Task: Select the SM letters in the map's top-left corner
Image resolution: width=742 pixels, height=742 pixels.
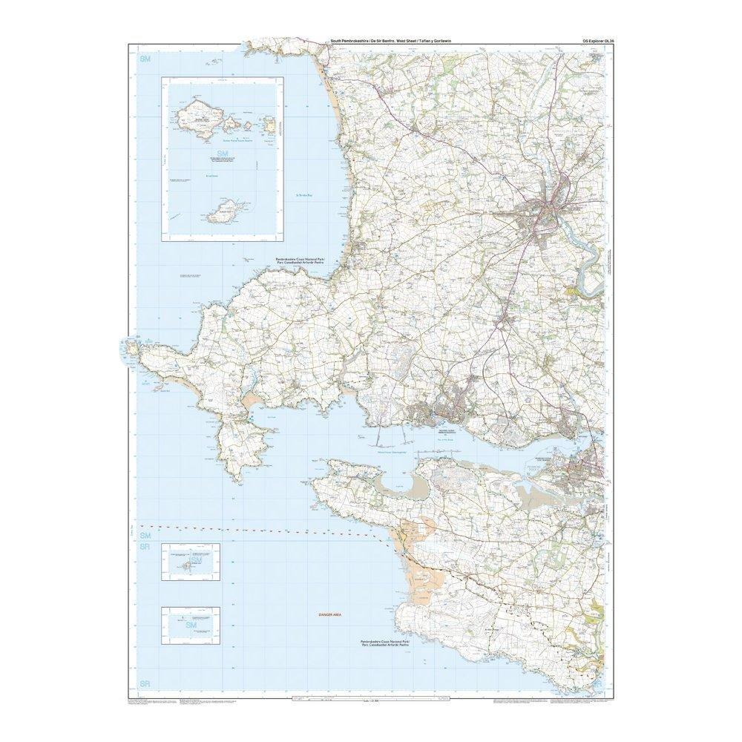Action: (145, 58)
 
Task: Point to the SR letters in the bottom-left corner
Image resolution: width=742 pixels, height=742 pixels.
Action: (145, 683)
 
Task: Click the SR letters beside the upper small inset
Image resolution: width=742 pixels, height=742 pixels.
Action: (145, 547)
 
